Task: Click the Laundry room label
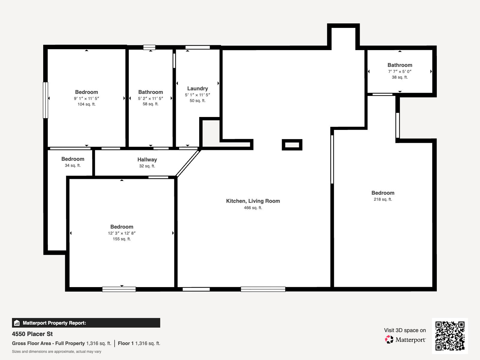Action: tap(197, 88)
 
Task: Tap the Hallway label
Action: tap(147, 160)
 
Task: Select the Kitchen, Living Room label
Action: tap(253, 201)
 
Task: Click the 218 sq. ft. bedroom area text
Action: tap(383, 199)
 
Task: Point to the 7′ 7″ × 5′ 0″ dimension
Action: tap(400, 71)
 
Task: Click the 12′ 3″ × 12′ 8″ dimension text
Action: tap(122, 233)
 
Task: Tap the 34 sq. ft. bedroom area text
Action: tap(73, 165)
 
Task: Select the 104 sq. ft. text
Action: tap(86, 104)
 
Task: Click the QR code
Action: tap(450, 336)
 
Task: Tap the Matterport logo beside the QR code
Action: tap(405, 340)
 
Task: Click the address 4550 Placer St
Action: tap(32, 334)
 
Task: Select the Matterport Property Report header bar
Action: tap(86, 323)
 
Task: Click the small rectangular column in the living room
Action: tap(292, 145)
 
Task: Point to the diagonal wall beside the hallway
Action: tap(188, 163)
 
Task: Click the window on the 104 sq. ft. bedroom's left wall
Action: tap(46, 100)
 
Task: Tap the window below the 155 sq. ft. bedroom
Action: tap(119, 289)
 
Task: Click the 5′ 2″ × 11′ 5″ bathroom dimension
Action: tap(151, 98)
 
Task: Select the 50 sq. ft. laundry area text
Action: tap(197, 100)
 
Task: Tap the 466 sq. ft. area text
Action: tap(253, 208)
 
